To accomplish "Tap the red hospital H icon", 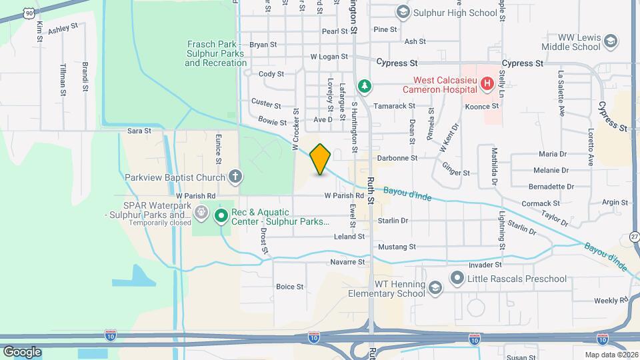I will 487,84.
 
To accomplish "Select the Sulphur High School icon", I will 403,12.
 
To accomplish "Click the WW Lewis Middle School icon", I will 609,41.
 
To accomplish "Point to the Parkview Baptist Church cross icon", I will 235,177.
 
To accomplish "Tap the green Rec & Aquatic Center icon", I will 221,215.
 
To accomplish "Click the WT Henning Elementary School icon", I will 435,288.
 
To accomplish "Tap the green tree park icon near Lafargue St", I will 364,86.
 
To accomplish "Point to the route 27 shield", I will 634,236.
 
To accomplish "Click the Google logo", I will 22,351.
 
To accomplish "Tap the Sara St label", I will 139,131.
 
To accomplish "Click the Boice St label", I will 290,287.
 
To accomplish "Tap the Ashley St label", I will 63,28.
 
